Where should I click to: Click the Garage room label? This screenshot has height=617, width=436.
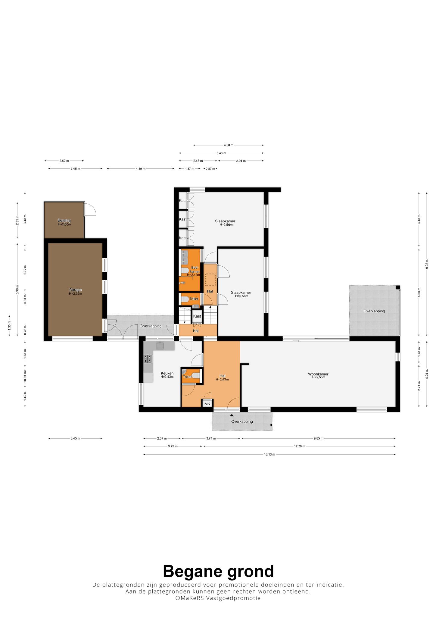(75, 290)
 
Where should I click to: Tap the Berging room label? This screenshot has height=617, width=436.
(64, 221)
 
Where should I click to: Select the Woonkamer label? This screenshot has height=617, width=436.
(318, 374)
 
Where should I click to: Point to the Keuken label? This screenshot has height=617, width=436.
(167, 373)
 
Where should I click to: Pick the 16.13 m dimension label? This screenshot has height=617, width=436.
(269, 454)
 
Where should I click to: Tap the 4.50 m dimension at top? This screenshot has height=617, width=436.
(229, 145)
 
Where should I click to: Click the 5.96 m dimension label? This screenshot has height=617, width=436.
(17, 290)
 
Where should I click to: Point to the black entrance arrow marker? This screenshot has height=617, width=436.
(232, 415)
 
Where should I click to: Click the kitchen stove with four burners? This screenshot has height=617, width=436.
(148, 358)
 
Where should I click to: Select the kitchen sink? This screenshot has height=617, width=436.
(160, 346)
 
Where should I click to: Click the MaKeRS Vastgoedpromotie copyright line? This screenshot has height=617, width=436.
(218, 598)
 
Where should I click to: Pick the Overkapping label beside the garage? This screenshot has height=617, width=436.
(151, 326)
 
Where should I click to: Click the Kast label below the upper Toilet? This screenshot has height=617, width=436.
(197, 316)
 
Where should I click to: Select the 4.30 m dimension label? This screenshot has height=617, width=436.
(140, 169)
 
